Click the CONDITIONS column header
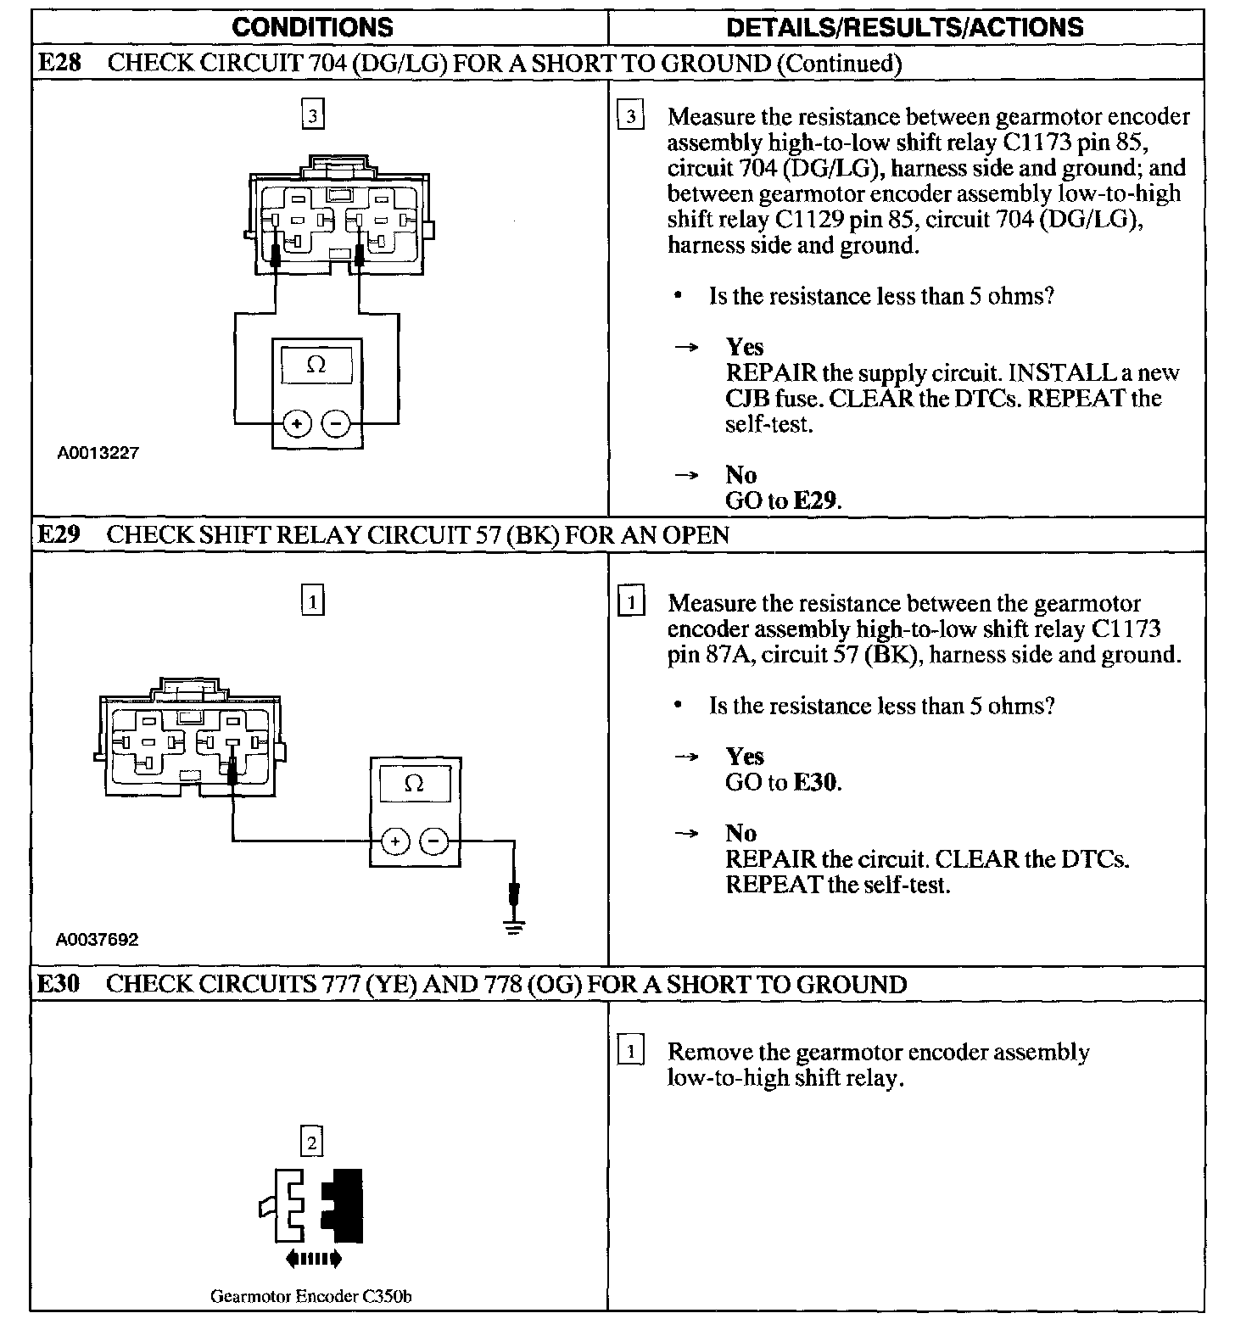point(312,27)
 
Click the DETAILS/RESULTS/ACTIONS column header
point(905,27)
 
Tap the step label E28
point(59,64)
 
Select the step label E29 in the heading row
point(59,535)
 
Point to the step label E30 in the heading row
point(59,984)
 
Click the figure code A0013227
point(98,453)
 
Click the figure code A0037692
point(98,939)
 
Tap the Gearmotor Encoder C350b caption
point(311,1296)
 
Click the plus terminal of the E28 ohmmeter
point(297,422)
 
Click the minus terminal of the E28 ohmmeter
point(337,422)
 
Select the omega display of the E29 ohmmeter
point(415,784)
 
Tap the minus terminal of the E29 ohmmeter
point(434,841)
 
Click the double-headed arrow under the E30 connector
point(313,1260)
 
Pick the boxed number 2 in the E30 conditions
point(312,1143)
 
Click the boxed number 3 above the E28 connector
point(313,115)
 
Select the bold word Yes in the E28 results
point(745,347)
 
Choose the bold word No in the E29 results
point(740,833)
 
